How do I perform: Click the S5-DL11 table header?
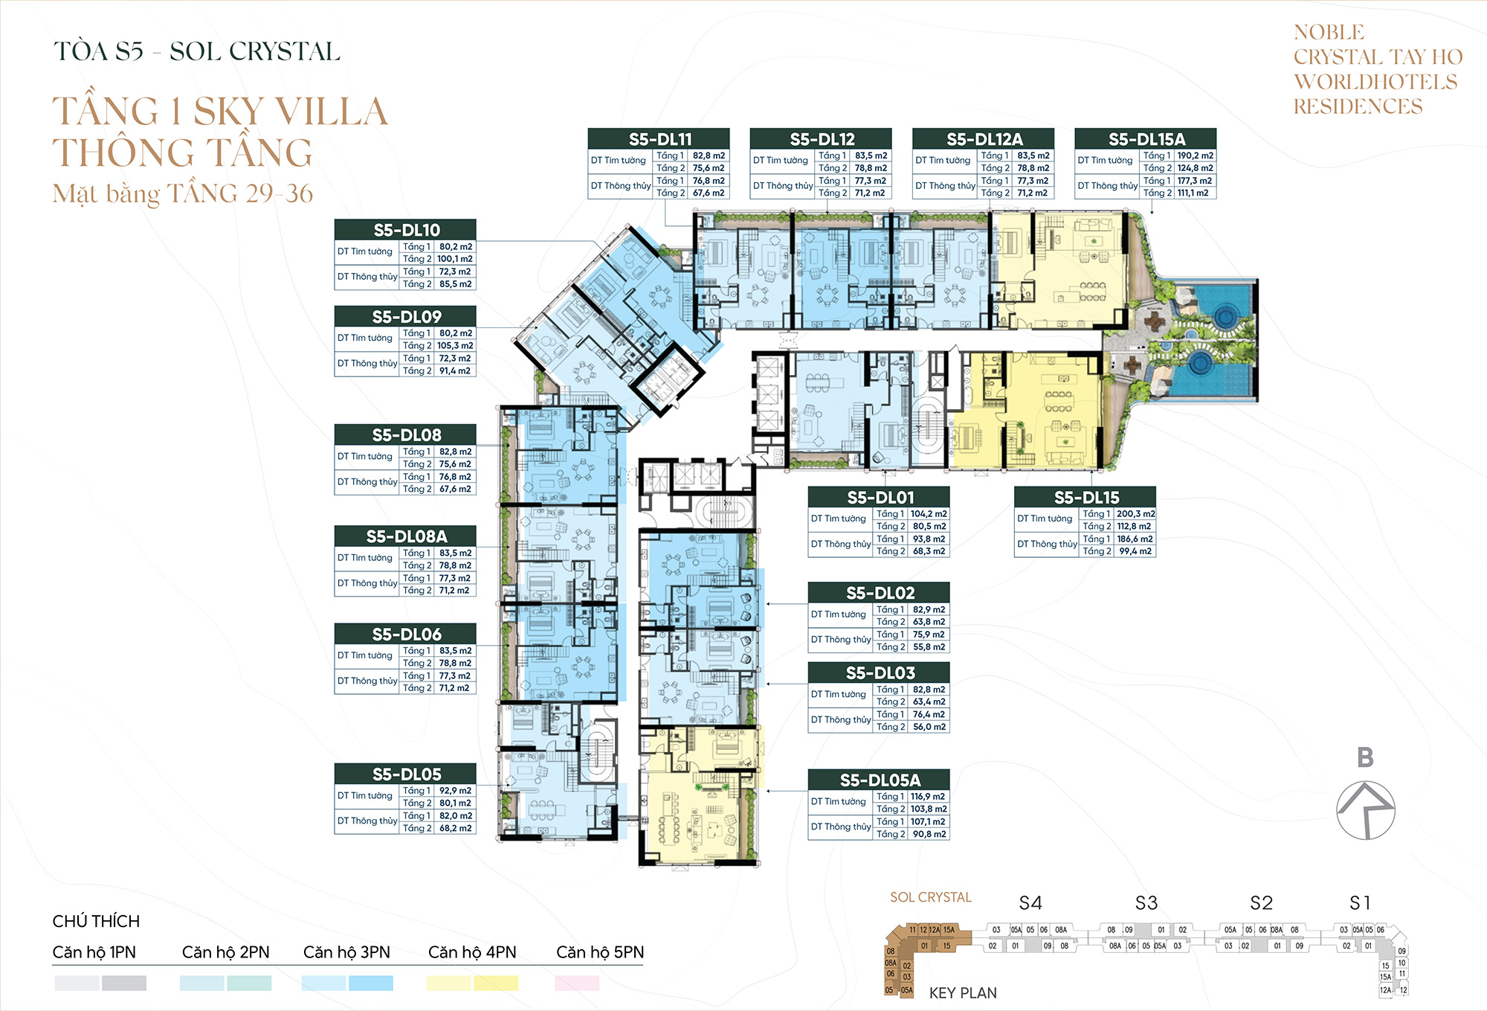659,139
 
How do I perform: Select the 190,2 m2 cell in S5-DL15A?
1195,155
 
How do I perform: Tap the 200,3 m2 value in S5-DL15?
1135,514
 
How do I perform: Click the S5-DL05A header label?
879,780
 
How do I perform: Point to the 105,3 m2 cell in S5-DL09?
454,346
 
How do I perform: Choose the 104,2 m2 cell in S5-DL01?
929,514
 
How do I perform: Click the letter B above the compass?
1364,757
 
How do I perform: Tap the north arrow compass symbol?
1365,811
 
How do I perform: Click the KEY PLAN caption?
962,993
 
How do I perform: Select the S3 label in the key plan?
1146,903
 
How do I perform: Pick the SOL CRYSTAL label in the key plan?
930,897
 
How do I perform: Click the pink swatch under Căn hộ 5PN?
577,983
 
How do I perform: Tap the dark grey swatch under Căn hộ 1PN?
124,983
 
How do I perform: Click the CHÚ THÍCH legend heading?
96,921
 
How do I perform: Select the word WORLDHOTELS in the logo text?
1375,82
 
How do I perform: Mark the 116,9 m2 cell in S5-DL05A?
929,797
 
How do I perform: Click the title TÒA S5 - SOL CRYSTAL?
197,51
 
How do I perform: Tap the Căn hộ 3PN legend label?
346,952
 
